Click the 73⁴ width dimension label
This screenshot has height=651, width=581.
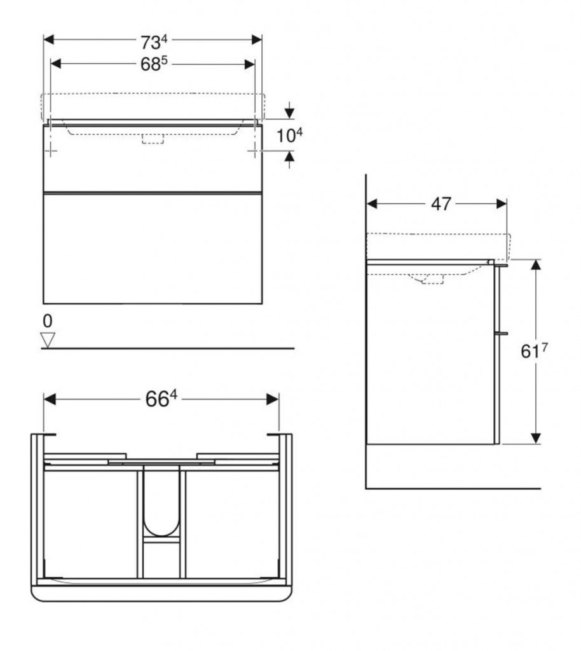click(x=154, y=42)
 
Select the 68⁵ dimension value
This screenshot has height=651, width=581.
click(x=154, y=64)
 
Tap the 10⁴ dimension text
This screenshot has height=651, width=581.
click(x=289, y=135)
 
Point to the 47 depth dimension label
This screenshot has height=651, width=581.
click(x=441, y=204)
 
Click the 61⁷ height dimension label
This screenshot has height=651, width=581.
click(x=534, y=351)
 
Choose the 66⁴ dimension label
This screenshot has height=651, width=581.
click(x=161, y=399)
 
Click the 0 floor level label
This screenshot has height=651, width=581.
click(x=48, y=321)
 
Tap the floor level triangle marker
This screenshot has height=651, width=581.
click(x=48, y=339)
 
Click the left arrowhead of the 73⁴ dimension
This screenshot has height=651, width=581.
click(x=49, y=40)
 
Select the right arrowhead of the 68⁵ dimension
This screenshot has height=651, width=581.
click(x=250, y=64)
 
